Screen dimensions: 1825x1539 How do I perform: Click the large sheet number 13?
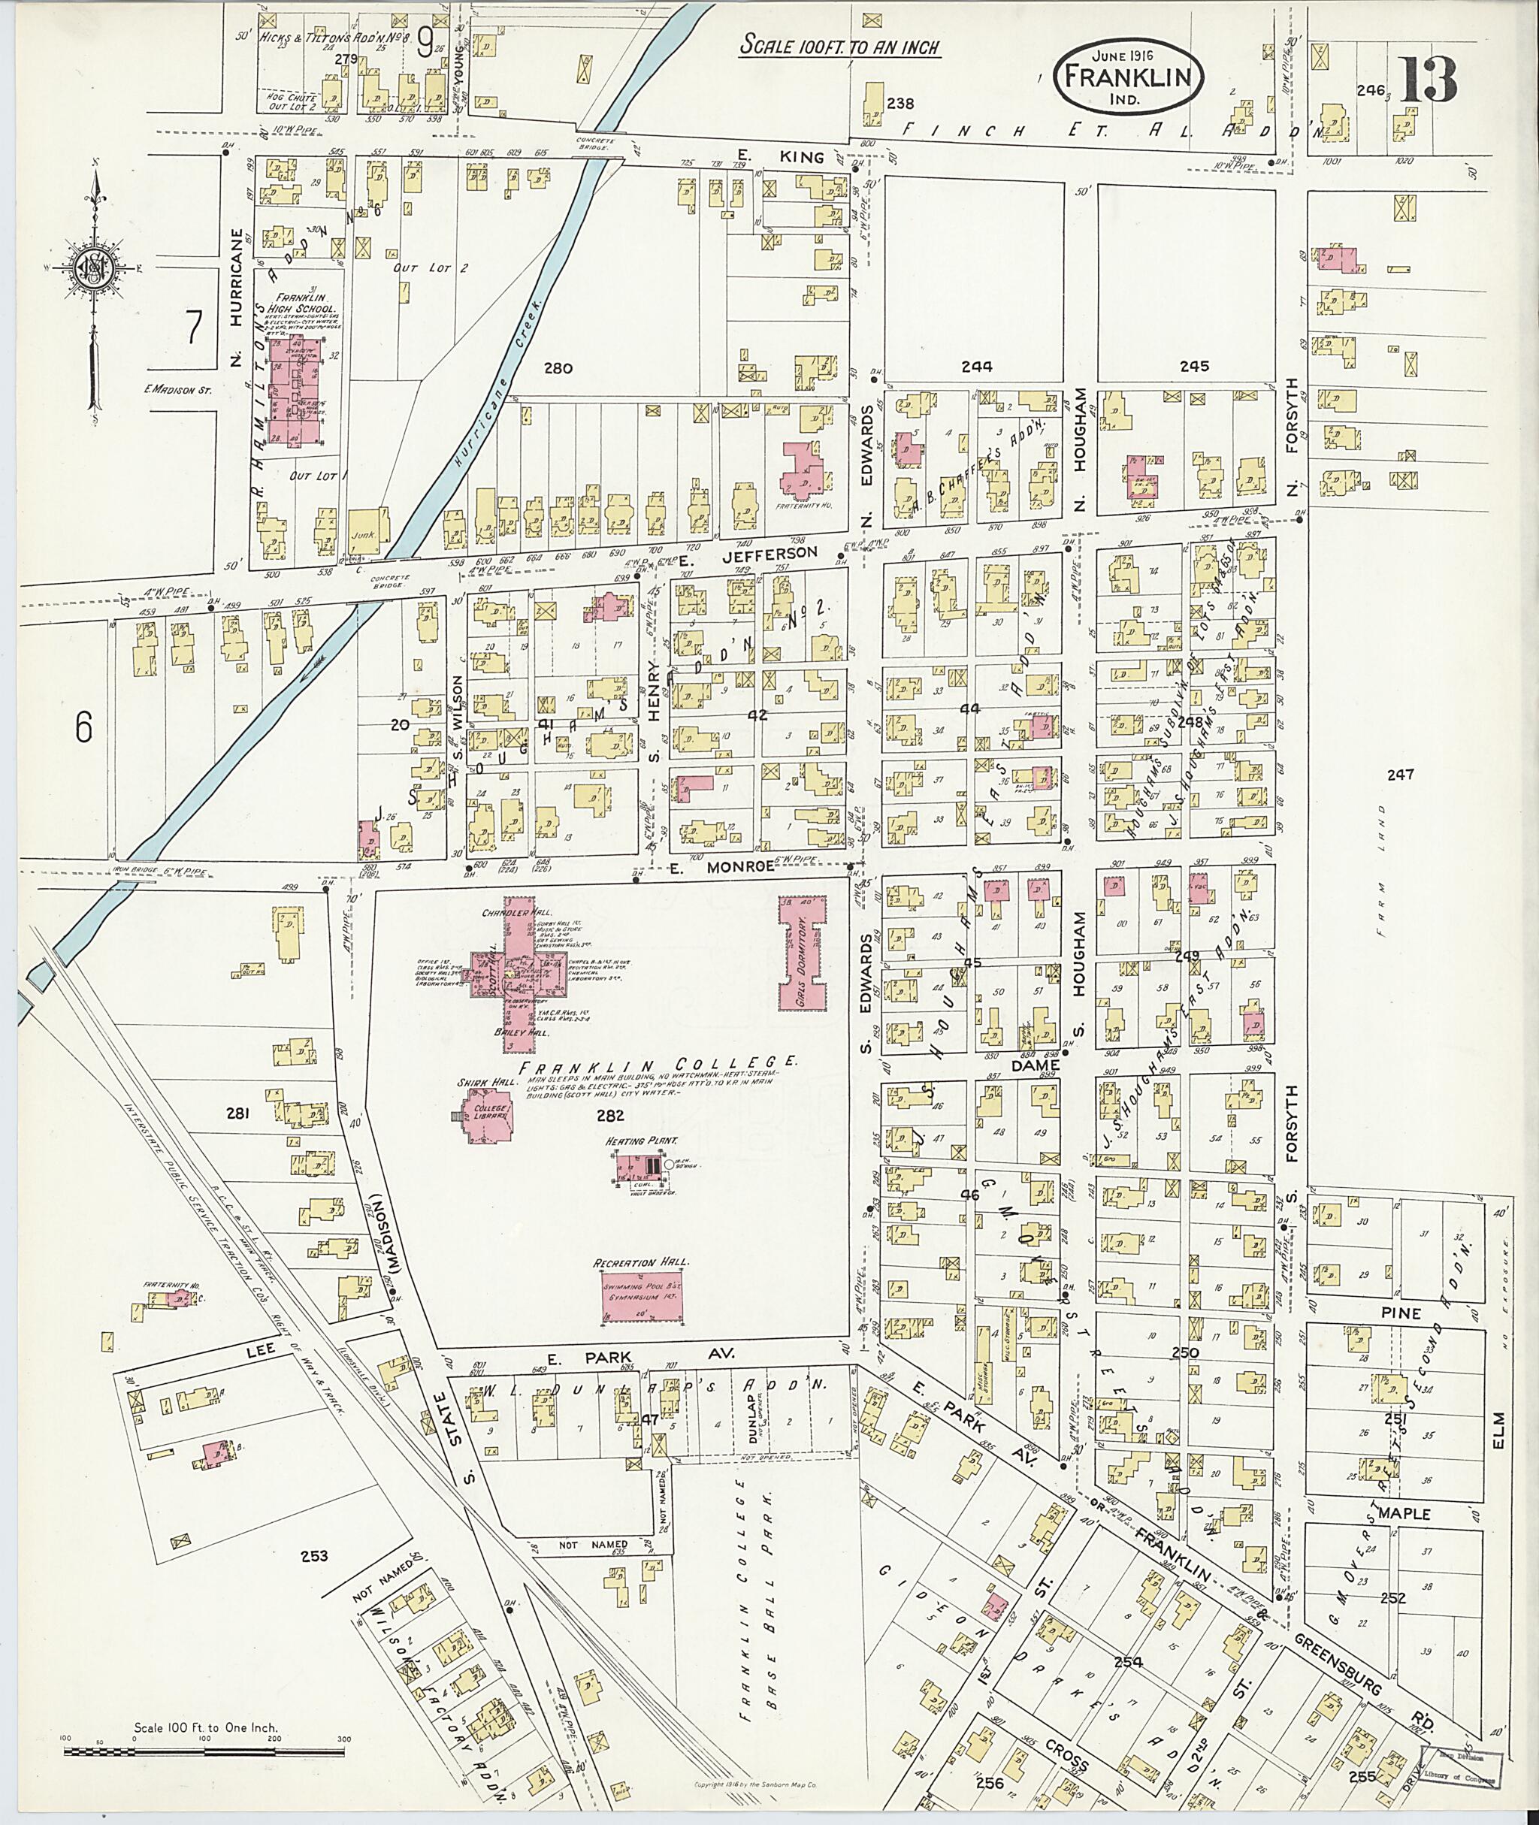tap(1429, 80)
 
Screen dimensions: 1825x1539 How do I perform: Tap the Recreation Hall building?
tap(642, 1298)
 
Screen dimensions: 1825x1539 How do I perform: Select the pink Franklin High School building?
tap(294, 391)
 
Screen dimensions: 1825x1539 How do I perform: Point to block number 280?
tap(557, 368)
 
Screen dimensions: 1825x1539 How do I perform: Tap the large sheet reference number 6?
tap(82, 727)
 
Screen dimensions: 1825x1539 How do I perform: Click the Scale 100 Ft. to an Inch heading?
tap(839, 45)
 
